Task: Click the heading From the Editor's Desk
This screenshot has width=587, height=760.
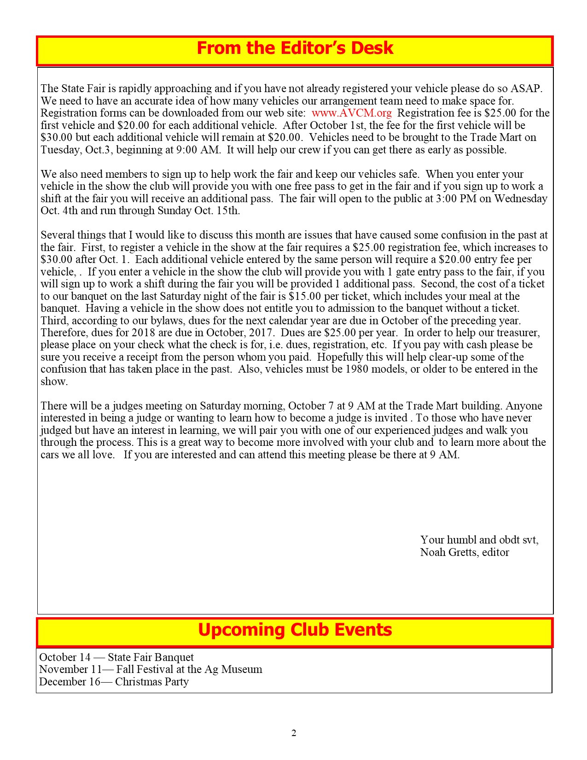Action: (x=295, y=48)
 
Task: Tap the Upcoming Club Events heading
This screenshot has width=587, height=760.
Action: (x=295, y=630)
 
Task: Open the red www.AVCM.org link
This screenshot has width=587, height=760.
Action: (x=351, y=113)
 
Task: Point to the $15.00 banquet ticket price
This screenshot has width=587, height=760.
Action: (x=304, y=296)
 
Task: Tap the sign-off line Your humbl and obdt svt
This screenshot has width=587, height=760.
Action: (x=479, y=540)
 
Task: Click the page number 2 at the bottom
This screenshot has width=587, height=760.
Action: (x=294, y=733)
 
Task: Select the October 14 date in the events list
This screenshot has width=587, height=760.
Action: (x=64, y=657)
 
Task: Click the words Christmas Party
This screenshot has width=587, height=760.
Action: (x=151, y=682)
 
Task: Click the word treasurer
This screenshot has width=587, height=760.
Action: (x=517, y=333)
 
